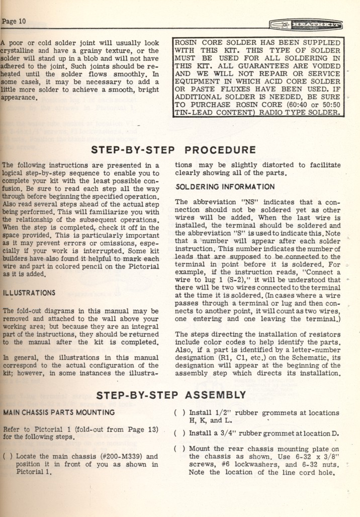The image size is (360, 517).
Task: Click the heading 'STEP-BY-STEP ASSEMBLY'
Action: coord(171,395)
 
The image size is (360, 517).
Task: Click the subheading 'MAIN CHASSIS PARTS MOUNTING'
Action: coord(59,413)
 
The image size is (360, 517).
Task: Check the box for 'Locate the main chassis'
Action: coord(7,457)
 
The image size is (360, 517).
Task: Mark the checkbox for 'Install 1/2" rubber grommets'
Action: coord(179,413)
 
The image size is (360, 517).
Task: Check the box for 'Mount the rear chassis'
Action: coord(179,449)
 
